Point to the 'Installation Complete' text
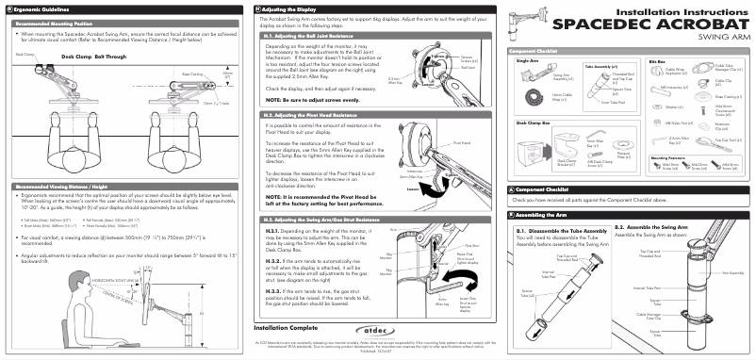[x=278, y=328]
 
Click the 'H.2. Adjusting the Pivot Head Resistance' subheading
[x=316, y=114]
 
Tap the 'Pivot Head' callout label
[x=461, y=142]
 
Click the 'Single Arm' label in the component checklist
[x=529, y=59]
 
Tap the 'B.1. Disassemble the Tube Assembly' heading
[x=558, y=229]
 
